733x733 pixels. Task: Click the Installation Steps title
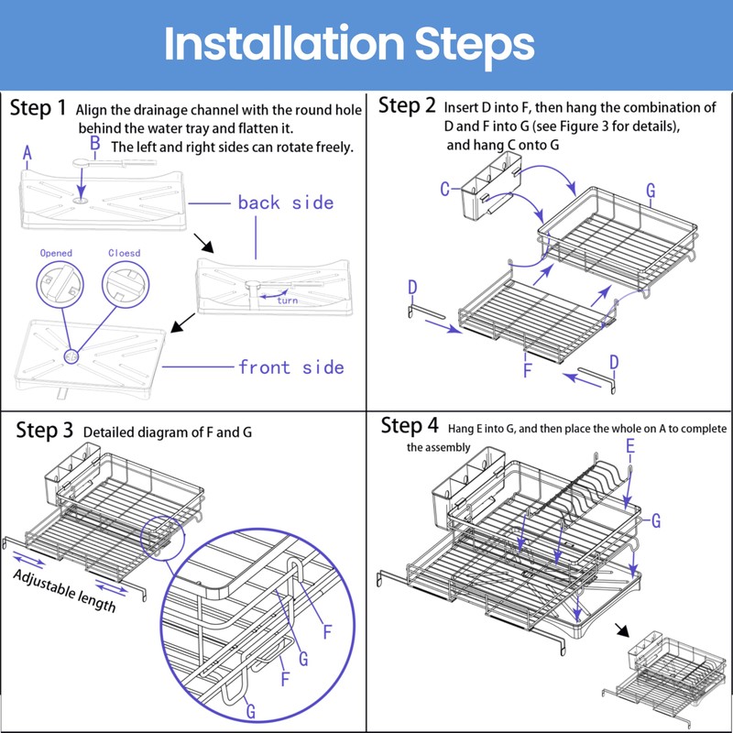[349, 43]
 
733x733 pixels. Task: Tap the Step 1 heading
[38, 108]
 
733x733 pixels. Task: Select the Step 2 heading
[407, 105]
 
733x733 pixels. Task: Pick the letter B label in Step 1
[94, 144]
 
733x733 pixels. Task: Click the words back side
[285, 202]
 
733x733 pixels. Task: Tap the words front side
[290, 367]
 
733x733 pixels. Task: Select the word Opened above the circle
[56, 253]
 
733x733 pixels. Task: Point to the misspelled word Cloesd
[124, 253]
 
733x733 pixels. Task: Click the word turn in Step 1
[287, 301]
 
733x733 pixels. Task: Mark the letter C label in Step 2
[444, 190]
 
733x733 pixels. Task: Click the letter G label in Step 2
[650, 191]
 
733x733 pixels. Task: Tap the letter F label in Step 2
[528, 370]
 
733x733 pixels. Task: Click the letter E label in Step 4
[629, 446]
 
